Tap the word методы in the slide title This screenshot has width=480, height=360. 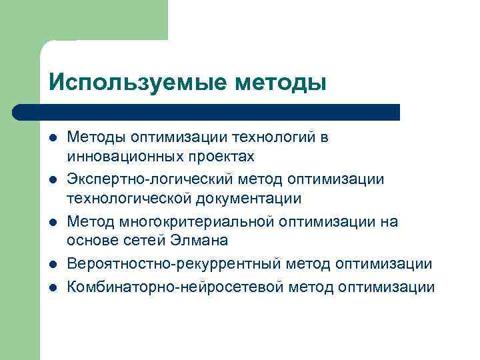[281, 83]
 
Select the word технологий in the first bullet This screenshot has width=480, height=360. [274, 137]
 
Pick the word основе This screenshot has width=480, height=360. [91, 240]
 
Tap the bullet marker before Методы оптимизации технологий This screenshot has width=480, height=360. [52, 138]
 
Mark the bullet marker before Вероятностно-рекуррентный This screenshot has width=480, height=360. [52, 265]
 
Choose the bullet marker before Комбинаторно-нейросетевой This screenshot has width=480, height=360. [52, 288]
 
